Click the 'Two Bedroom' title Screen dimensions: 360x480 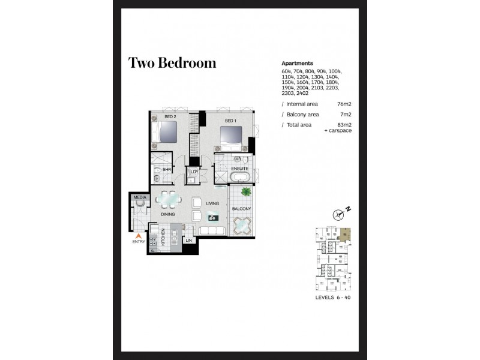pyautogui.click(x=172, y=63)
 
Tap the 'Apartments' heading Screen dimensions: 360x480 pyautogui.click(x=298, y=63)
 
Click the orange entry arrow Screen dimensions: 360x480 pyautogui.click(x=139, y=235)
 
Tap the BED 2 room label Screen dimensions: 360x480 pyautogui.click(x=170, y=116)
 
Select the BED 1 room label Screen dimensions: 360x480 pyautogui.click(x=230, y=121)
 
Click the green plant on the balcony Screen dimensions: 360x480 pyautogui.click(x=245, y=192)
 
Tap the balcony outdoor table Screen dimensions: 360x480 pyautogui.click(x=243, y=227)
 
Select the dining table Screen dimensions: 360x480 pyautogui.click(x=169, y=198)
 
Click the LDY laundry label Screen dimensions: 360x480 pyautogui.click(x=194, y=172)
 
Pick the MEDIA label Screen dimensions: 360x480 pyautogui.click(x=139, y=197)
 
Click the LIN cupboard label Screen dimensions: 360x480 pyautogui.click(x=188, y=241)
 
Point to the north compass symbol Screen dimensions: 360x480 pyautogui.click(x=341, y=213)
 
